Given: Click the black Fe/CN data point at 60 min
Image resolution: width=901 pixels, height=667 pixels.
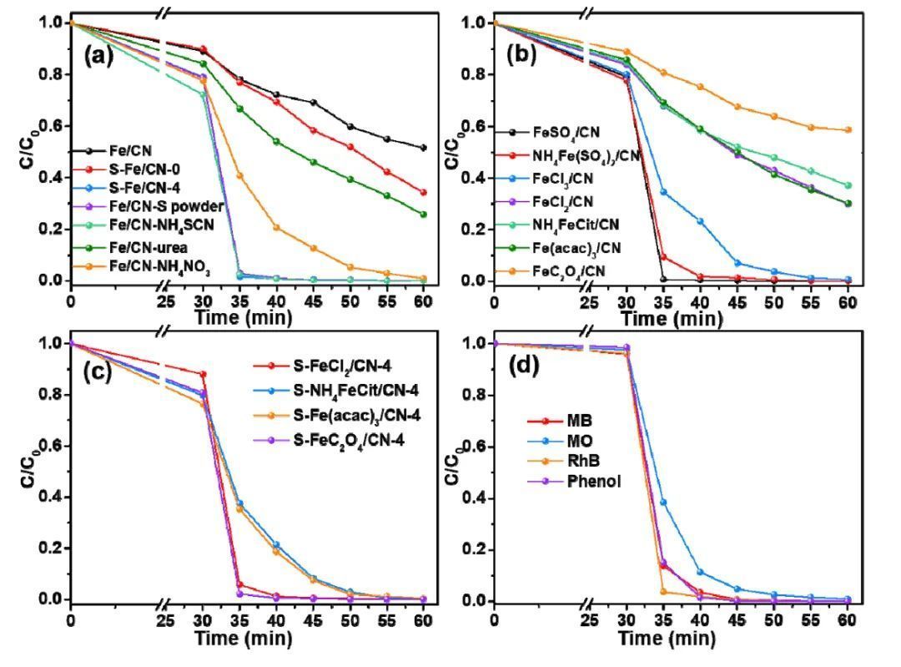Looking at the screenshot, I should click(424, 148).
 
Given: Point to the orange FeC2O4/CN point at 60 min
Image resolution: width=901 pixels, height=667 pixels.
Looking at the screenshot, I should click(848, 129).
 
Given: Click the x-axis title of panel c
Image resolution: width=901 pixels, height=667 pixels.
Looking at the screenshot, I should click(243, 639).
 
